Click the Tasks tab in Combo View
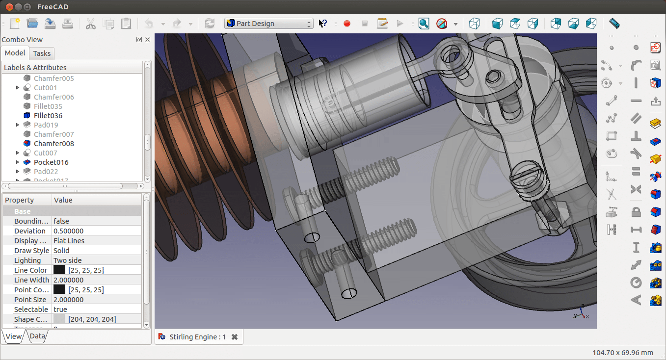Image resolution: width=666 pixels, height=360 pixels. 42,53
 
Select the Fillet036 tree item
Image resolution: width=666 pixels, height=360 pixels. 48,116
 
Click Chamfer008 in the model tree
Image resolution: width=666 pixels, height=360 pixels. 53,144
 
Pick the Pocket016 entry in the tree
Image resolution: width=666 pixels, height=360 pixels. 51,162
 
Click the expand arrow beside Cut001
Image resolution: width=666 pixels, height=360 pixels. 18,88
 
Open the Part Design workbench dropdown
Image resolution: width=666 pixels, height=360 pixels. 269,24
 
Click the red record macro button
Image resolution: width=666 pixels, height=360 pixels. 347,24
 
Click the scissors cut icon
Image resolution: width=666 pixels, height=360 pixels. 91,24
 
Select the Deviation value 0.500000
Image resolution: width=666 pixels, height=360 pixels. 68,231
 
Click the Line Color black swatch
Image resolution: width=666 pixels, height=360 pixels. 59,270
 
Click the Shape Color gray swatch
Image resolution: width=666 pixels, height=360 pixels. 59,319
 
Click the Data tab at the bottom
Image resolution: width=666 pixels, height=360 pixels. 37,336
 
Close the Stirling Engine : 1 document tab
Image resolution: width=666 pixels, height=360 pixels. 235,337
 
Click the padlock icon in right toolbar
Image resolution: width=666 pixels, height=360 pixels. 636,212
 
